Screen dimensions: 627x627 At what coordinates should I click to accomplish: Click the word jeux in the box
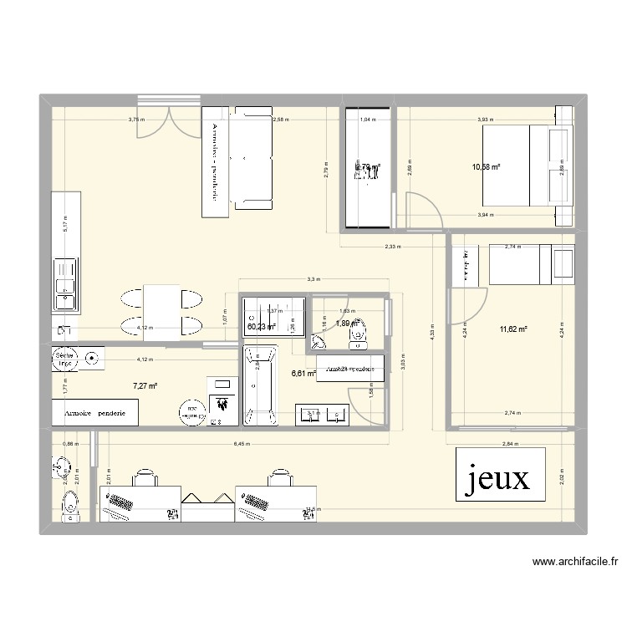[499, 478]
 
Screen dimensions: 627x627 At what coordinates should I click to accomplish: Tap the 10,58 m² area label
[486, 167]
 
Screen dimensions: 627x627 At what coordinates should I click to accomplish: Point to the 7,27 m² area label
[145, 386]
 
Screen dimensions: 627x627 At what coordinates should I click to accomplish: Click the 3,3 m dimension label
[312, 279]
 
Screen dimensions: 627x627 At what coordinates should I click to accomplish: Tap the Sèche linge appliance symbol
[64, 359]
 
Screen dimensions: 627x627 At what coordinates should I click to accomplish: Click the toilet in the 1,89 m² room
[358, 332]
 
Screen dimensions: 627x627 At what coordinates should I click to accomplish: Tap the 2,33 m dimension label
[392, 247]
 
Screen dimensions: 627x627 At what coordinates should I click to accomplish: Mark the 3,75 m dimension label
[135, 120]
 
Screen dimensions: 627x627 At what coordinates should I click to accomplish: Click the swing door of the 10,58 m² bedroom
[422, 211]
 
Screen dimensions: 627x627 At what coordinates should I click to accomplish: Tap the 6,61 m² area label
[303, 374]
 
